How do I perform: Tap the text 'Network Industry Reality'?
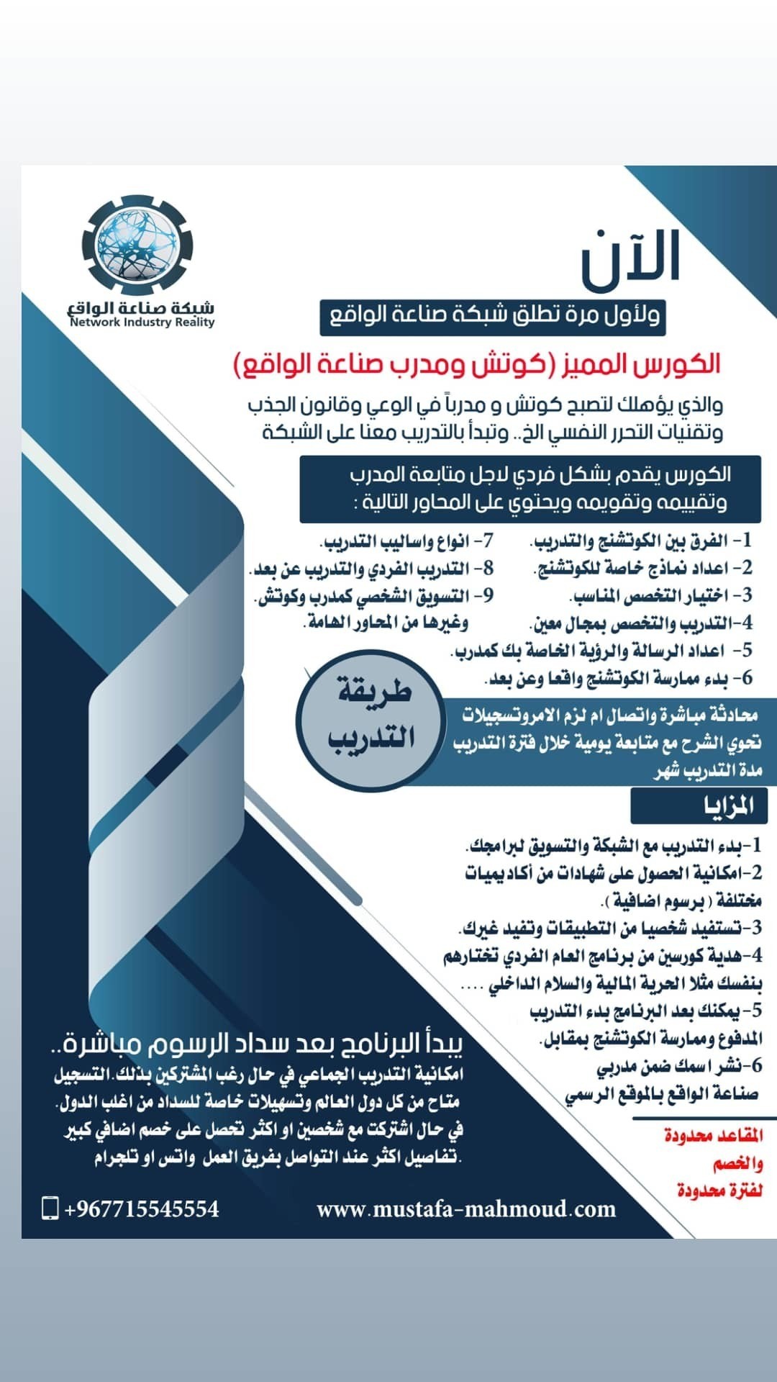pyautogui.click(x=142, y=322)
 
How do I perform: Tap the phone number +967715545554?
pyautogui.click(x=142, y=1209)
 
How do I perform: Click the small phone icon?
pyautogui.click(x=50, y=1208)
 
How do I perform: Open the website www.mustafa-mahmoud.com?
pyautogui.click(x=466, y=1209)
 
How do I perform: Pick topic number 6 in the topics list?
pyautogui.click(x=619, y=678)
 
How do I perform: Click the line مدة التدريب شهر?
pyautogui.click(x=708, y=771)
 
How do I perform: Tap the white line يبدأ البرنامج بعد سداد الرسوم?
pyautogui.click(x=263, y=1044)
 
